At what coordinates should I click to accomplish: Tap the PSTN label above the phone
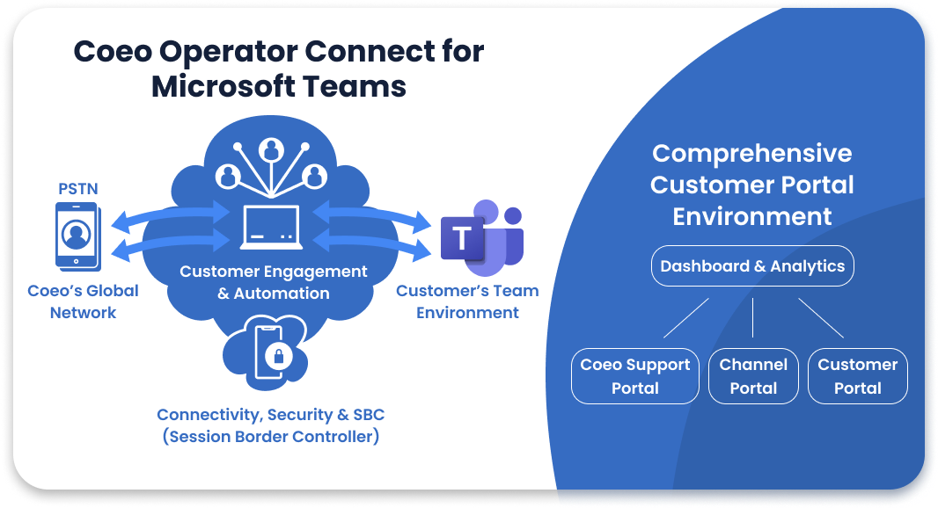(78, 188)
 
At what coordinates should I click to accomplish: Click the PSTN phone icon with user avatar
(77, 235)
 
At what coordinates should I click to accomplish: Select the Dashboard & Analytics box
(752, 266)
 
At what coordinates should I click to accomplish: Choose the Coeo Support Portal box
(634, 376)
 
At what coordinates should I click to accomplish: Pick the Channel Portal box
(753, 376)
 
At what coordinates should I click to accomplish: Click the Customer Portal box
(857, 376)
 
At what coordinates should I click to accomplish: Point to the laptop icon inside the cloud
(272, 227)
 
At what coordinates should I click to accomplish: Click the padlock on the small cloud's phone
(279, 357)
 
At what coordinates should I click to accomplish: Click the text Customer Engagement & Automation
(273, 282)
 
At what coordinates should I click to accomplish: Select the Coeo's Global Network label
(83, 301)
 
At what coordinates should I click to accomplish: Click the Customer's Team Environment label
(467, 301)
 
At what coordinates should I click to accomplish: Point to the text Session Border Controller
(271, 436)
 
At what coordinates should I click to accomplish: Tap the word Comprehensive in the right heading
(751, 154)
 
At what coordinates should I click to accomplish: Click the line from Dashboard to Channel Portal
(753, 317)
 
